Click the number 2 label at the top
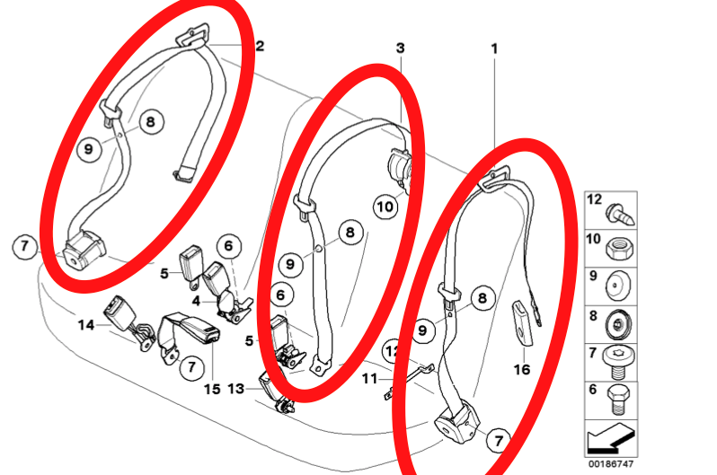[x=260, y=46]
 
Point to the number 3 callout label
[x=400, y=48]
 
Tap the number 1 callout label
[x=494, y=48]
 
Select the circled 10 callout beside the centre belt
[x=385, y=207]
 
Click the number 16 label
[x=522, y=369]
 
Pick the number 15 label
[x=212, y=389]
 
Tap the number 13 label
[x=236, y=389]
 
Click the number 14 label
[x=86, y=325]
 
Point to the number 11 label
[x=369, y=379]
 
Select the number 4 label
[x=196, y=302]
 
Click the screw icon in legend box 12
[x=620, y=215]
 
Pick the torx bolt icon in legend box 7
[x=617, y=362]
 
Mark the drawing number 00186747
[x=611, y=464]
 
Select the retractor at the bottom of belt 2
[x=84, y=249]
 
